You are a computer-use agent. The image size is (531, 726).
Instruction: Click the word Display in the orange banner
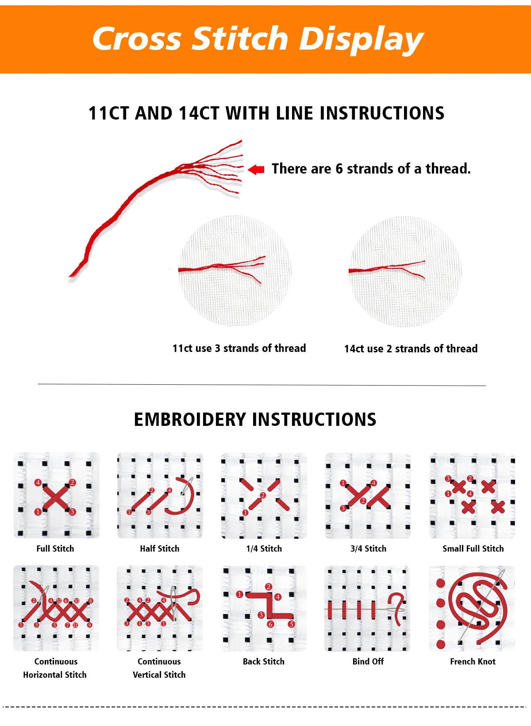[361, 39]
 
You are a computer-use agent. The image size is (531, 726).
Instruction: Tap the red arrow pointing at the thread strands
[256, 169]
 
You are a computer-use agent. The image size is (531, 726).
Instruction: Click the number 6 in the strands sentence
[339, 169]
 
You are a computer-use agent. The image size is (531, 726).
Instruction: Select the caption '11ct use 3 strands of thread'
[239, 348]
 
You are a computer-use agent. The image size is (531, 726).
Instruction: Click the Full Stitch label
[55, 549]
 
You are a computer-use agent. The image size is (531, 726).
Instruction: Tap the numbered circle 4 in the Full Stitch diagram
[38, 483]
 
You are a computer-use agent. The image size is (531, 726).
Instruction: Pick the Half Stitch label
[159, 549]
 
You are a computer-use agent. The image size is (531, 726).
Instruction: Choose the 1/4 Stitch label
[264, 549]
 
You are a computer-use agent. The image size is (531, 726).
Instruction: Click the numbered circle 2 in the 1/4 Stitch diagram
[263, 495]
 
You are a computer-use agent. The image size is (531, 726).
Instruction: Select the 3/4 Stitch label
[368, 549]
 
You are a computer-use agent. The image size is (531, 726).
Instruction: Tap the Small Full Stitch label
[473, 549]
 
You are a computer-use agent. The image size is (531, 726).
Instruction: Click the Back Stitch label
[264, 661]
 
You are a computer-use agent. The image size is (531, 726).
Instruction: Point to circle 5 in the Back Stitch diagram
[291, 624]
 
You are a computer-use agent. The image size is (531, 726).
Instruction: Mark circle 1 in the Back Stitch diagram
[239, 595]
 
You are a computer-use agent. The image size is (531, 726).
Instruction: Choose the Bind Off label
[368, 661]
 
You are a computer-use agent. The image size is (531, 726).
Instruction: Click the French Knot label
[473, 661]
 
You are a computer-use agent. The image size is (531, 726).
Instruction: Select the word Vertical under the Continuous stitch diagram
[147, 675]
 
